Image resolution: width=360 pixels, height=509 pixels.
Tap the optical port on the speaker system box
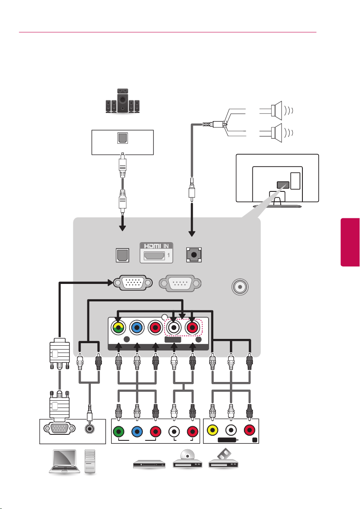click(122, 138)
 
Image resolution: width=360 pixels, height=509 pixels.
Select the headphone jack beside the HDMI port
click(194, 255)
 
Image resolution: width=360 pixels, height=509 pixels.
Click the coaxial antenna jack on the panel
click(240, 287)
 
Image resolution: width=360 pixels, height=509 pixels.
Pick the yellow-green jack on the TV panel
click(119, 327)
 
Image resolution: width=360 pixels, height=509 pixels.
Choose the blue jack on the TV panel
click(137, 327)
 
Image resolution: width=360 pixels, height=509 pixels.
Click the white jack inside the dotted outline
click(174, 327)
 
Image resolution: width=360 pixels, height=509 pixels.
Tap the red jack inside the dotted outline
click(192, 327)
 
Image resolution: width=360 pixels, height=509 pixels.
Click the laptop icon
click(64, 461)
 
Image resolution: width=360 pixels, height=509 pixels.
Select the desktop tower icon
click(90, 461)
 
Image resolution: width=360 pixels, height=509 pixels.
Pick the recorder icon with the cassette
click(223, 458)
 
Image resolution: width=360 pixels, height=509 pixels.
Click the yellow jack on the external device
click(212, 431)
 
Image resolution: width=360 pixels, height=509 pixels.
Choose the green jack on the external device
click(119, 432)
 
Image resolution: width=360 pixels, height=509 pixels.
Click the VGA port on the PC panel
click(58, 428)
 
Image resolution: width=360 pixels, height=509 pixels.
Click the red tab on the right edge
click(350, 242)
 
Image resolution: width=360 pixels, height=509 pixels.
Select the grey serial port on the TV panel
click(180, 283)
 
